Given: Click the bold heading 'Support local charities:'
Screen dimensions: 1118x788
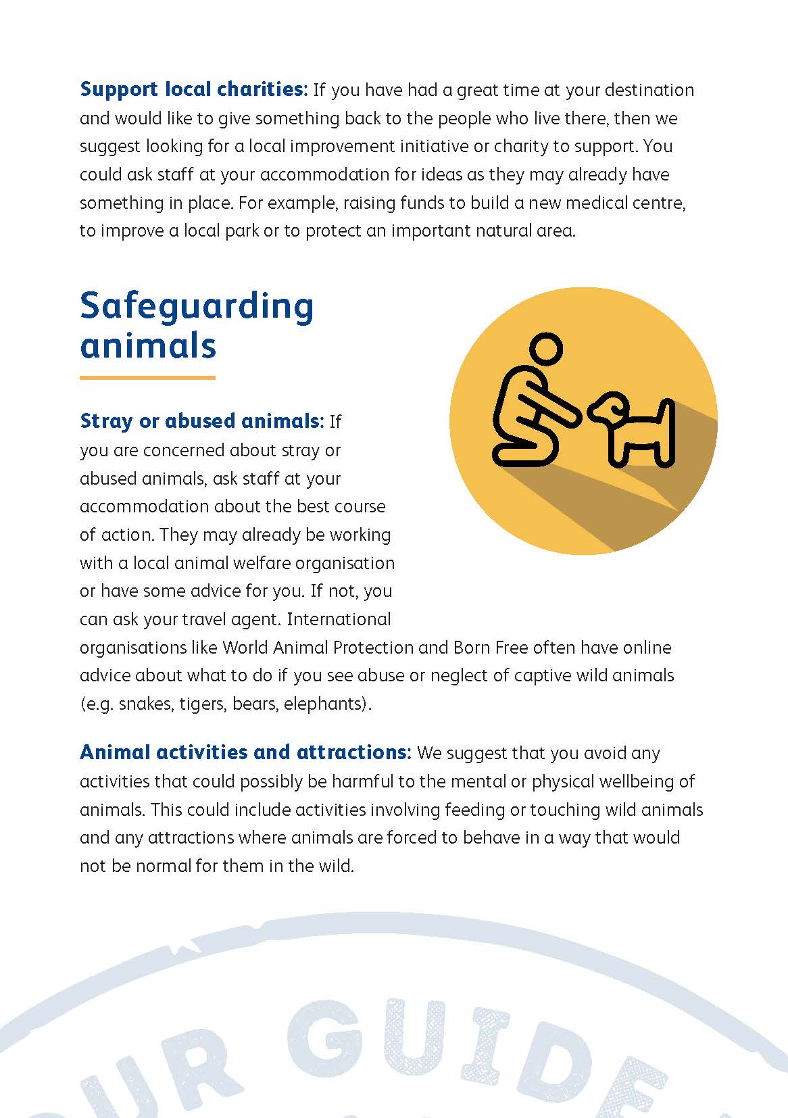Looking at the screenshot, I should click(x=193, y=89).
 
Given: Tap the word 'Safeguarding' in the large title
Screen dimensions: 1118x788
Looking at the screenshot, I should click(x=197, y=306).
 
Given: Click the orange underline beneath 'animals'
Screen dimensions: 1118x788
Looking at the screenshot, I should click(x=147, y=377).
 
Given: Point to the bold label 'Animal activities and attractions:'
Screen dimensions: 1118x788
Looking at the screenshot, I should click(x=245, y=752).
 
